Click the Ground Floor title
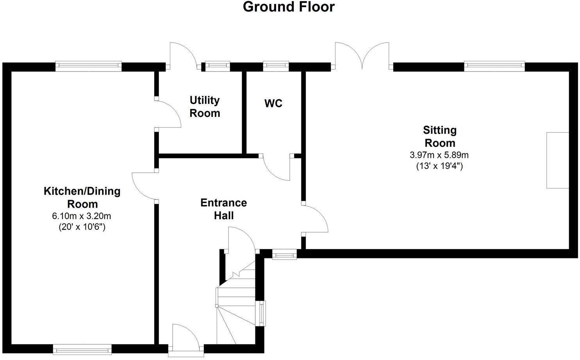289,7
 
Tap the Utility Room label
205,107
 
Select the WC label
273,104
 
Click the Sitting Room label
440,136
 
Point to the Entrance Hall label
224,209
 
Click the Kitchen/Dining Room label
82,197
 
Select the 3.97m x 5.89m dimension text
439,155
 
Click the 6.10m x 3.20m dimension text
82,216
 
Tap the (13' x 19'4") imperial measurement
439,166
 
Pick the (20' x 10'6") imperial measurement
82,227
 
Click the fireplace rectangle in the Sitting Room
558,160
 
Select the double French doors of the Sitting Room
362,56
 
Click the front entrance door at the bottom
186,340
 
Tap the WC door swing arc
272,173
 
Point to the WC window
276,66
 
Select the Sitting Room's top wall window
494,66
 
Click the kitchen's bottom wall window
82,349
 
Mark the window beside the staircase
261,313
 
